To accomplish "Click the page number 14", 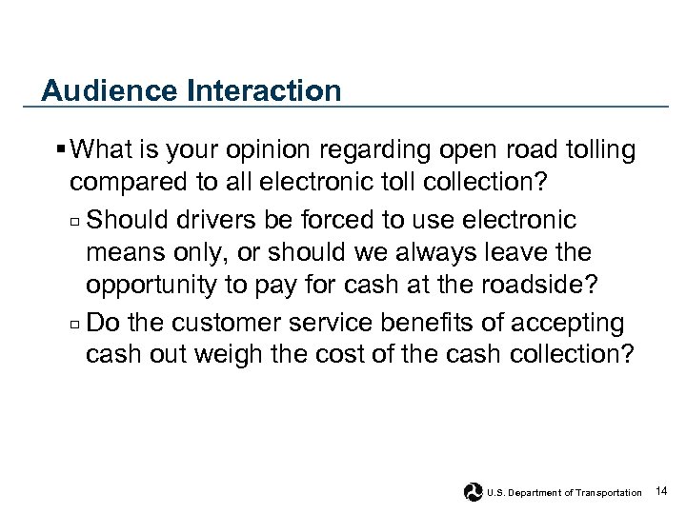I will pyautogui.click(x=662, y=491).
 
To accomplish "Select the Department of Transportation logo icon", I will pyautogui.click(x=473, y=492).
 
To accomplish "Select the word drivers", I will pyautogui.click(x=229, y=221).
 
